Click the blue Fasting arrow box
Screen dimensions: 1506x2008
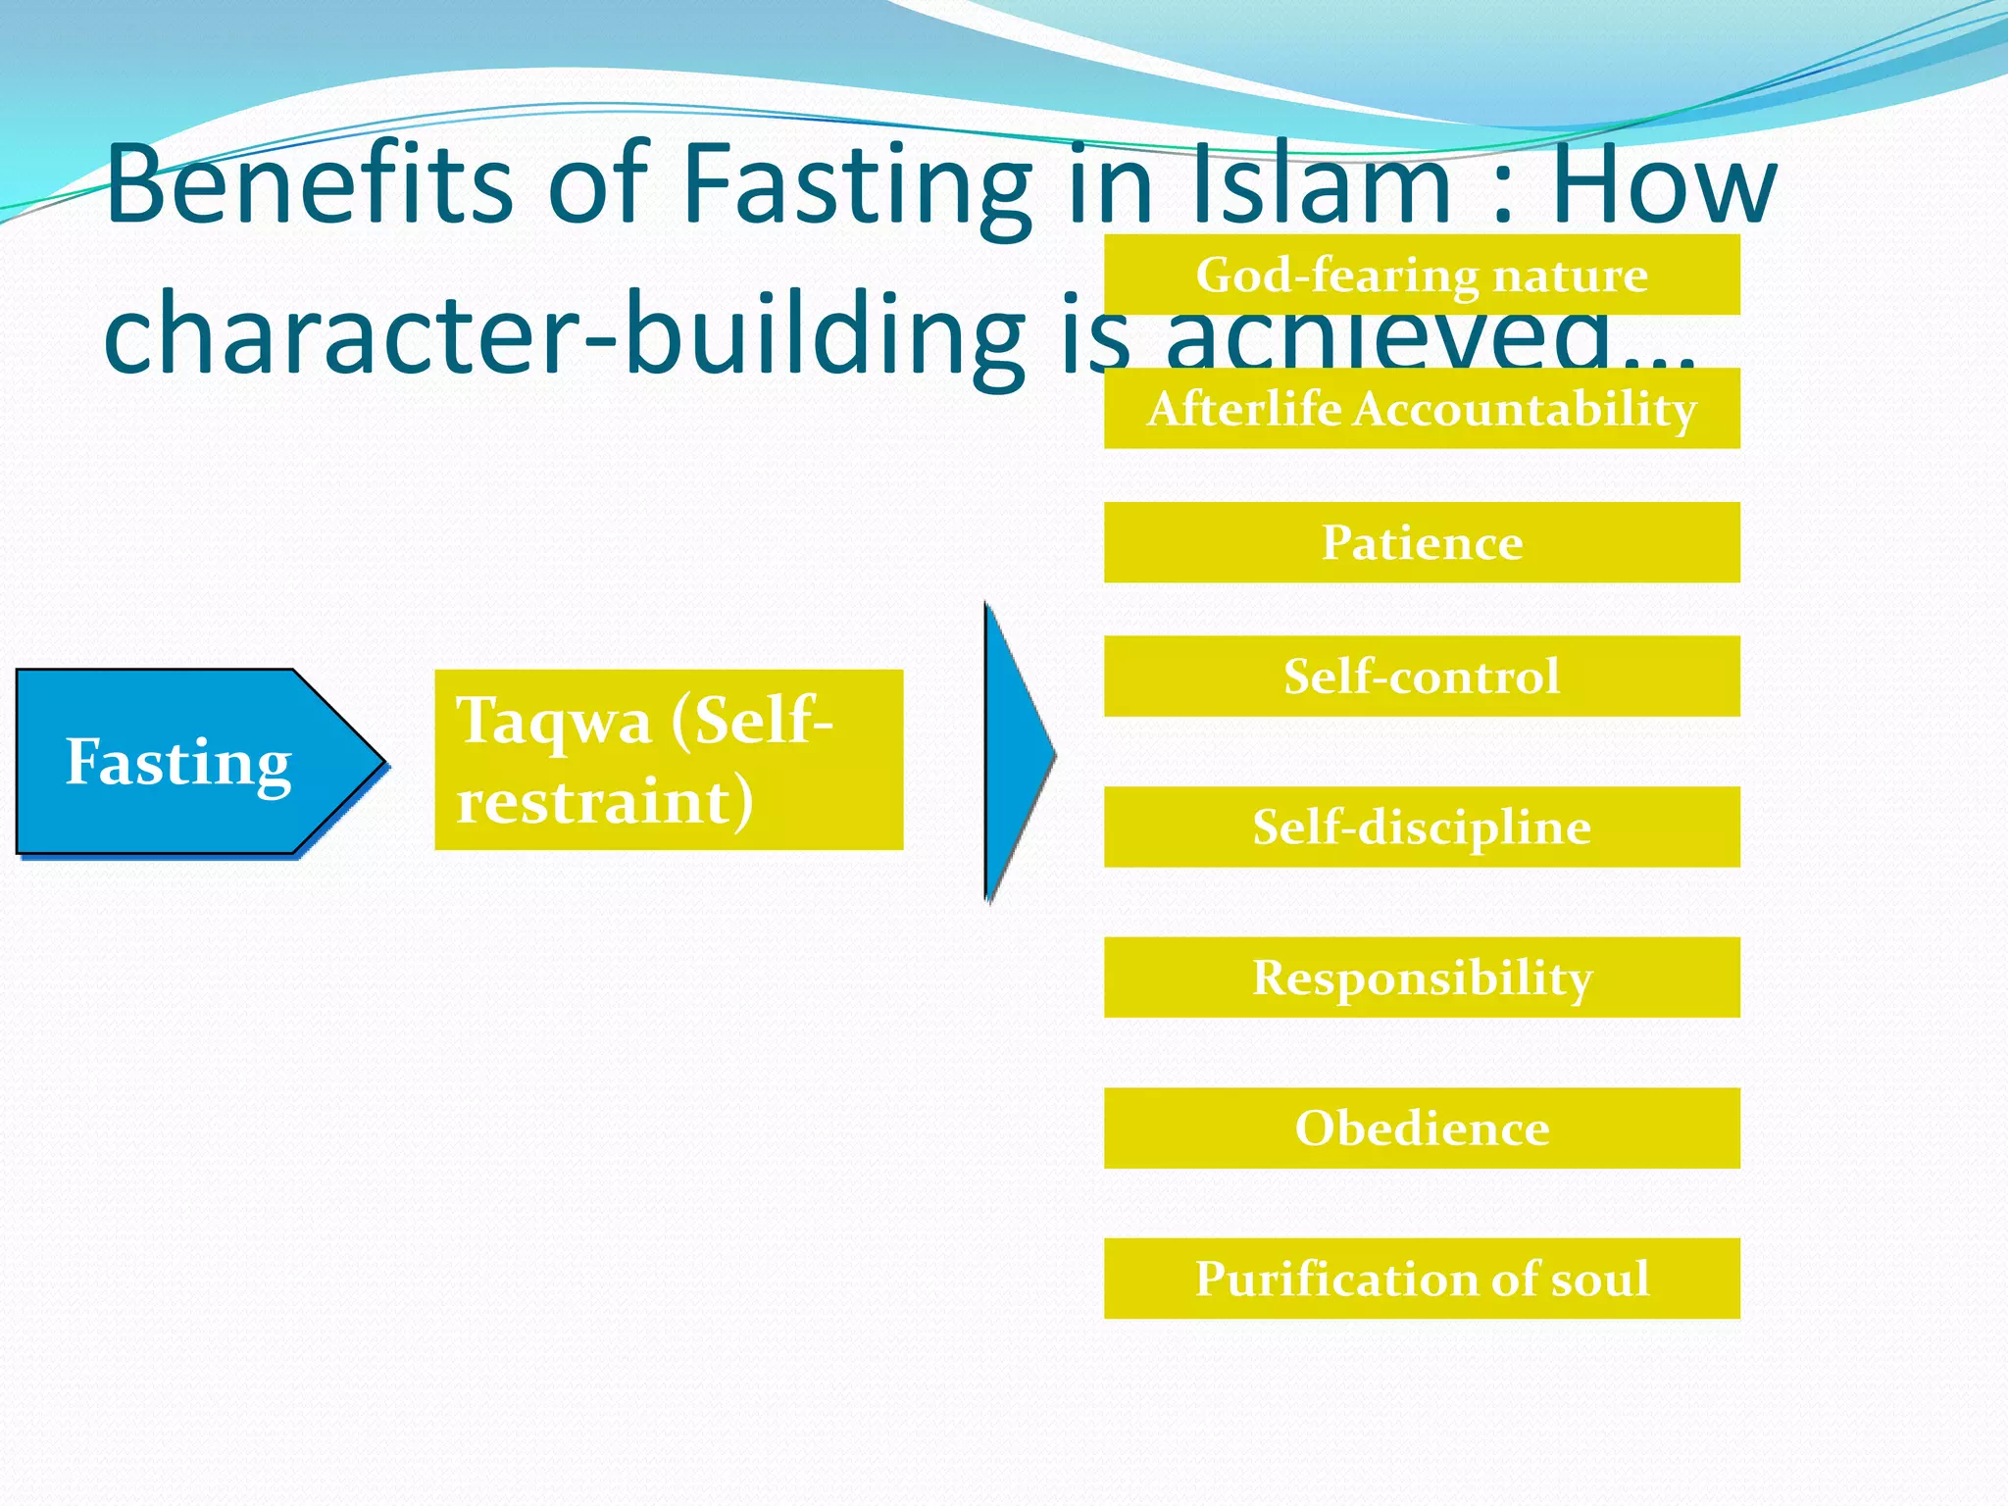pyautogui.click(x=186, y=762)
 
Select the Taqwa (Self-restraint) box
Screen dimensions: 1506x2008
pyautogui.click(x=669, y=760)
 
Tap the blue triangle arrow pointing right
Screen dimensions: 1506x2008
pyautogui.click(x=1015, y=753)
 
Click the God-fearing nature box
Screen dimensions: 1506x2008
pyautogui.click(x=1422, y=275)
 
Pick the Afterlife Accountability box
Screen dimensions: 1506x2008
pyautogui.click(x=1422, y=409)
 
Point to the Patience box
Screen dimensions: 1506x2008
pyautogui.click(x=1422, y=542)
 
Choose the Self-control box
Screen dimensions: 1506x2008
pyautogui.click(x=1422, y=677)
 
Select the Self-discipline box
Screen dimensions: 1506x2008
pyautogui.click(x=1422, y=827)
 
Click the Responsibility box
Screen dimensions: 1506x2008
pyautogui.click(x=1422, y=978)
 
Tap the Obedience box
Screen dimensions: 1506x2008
pyautogui.click(x=1422, y=1128)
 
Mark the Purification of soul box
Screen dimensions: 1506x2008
pyautogui.click(x=1422, y=1279)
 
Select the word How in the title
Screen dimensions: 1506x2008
pyautogui.click(x=1663, y=184)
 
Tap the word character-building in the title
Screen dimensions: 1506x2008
pyautogui.click(x=564, y=333)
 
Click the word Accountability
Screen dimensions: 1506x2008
pyautogui.click(x=1525, y=409)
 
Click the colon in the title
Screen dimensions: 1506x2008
pyautogui.click(x=1501, y=191)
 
